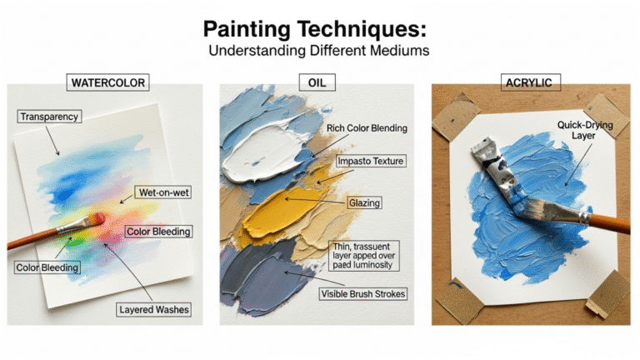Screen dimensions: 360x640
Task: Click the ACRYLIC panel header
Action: click(x=531, y=84)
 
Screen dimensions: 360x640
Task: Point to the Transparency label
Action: click(x=49, y=117)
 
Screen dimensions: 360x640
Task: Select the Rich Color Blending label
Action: click(x=367, y=128)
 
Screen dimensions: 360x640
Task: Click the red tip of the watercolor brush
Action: click(x=97, y=218)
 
